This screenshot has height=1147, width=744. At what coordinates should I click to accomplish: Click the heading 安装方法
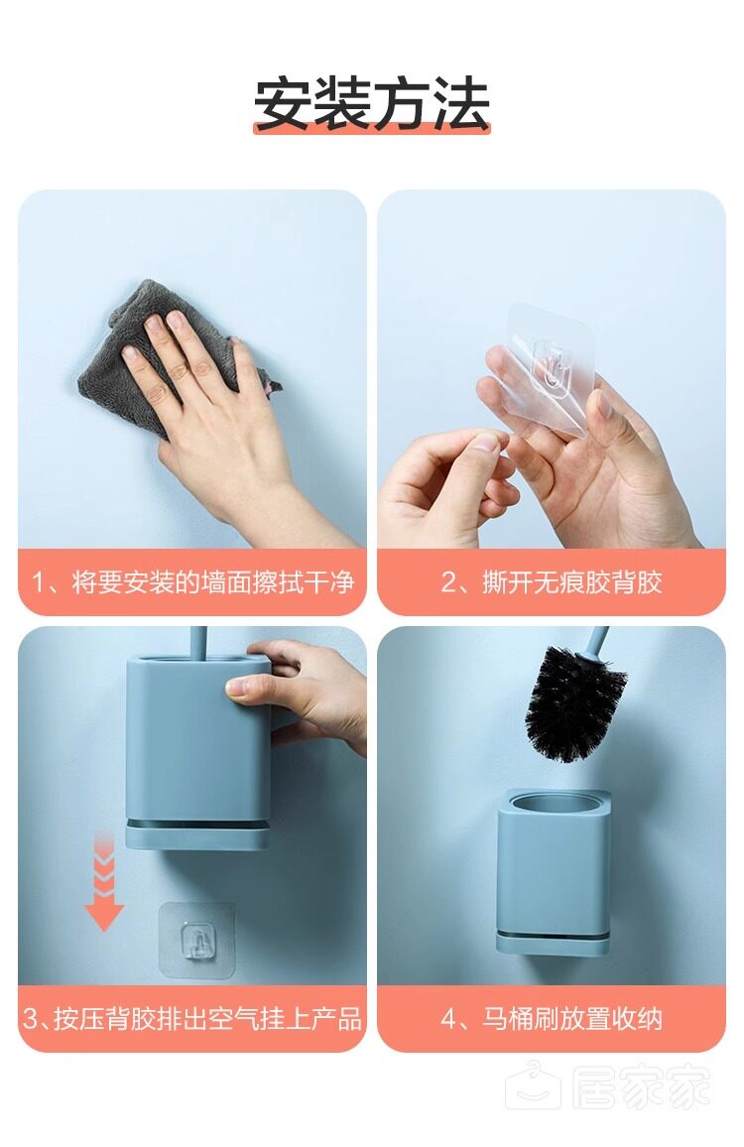point(372,104)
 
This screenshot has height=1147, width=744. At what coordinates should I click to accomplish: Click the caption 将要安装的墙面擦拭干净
point(213,582)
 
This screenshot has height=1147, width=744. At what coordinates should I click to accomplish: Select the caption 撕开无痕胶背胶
point(572,582)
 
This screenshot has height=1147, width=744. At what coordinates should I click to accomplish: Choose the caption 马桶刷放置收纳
point(572,1018)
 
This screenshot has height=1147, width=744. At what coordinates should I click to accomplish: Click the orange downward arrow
point(104,881)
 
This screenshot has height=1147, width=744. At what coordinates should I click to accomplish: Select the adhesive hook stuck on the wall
point(197,940)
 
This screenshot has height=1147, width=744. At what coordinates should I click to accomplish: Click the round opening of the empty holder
point(554,802)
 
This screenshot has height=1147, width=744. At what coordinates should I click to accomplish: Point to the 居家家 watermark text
point(641,1087)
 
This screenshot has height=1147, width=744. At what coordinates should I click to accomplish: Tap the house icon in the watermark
point(534,1085)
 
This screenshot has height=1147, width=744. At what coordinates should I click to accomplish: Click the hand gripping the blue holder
point(300,692)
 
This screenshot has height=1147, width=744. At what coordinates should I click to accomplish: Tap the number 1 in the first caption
point(40,583)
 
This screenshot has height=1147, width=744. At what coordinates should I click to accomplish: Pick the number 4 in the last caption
point(449,1019)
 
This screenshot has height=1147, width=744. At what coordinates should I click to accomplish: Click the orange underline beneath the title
point(372,129)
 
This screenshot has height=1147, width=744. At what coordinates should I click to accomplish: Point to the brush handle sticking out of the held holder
point(197,642)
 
